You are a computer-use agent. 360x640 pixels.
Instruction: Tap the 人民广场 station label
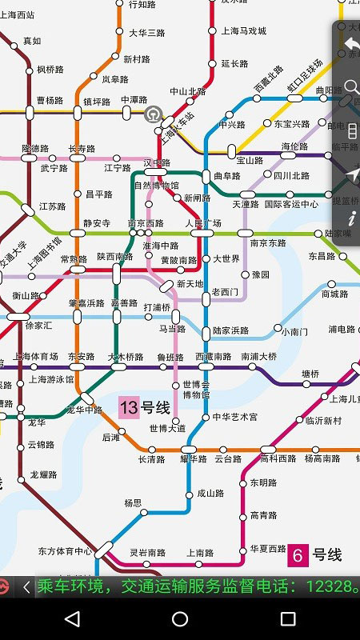coord(203,222)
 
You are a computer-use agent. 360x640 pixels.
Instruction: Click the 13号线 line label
coord(145,408)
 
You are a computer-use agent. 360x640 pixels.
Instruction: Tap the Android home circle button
coord(180,618)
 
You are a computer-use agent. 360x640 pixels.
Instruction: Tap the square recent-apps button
coord(288,618)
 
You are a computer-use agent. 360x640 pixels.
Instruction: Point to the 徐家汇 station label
coord(38,326)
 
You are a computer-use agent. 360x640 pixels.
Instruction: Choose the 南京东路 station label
coord(268,243)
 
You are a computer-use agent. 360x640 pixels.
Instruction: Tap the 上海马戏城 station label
coord(243,30)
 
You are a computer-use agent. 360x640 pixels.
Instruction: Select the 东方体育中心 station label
coord(65,551)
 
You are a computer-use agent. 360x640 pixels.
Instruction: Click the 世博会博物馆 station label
coord(196,390)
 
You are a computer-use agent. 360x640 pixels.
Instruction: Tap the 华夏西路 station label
coord(268,549)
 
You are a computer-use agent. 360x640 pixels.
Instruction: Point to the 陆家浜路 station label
coord(230,330)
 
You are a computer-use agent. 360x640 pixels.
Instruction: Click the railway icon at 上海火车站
coord(152,114)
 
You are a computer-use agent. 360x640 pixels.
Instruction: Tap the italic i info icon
coord(352,217)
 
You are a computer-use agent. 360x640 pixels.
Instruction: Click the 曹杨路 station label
coord(50,101)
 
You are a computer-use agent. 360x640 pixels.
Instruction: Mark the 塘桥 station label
coord(310,373)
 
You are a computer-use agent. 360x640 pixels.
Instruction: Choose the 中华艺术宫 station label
coord(235,418)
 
